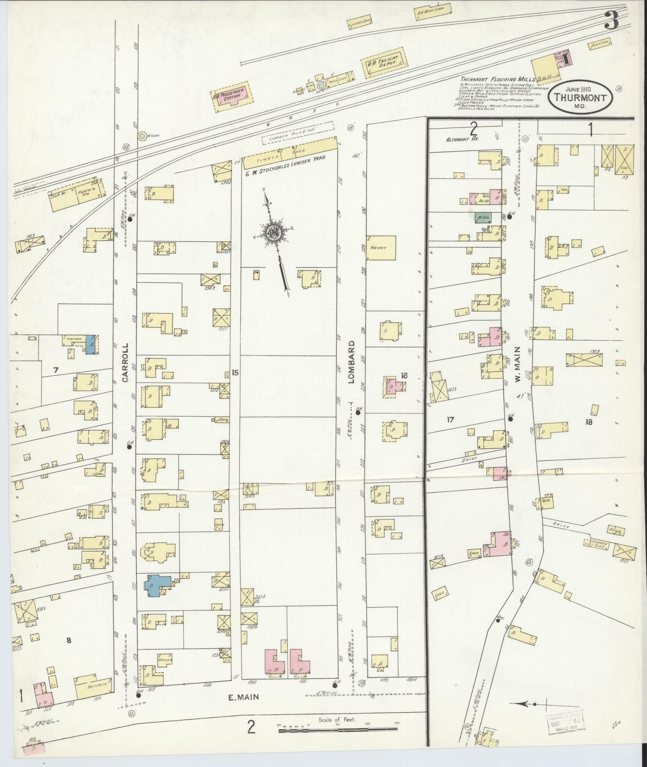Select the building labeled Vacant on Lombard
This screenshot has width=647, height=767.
click(x=381, y=248)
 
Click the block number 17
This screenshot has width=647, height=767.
click(x=450, y=419)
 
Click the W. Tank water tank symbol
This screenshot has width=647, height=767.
click(x=142, y=136)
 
